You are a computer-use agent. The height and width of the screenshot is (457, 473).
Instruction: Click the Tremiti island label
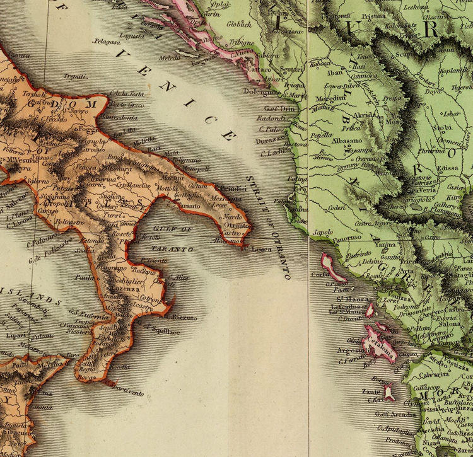point(75,77)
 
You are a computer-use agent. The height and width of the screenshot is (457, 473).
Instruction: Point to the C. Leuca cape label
point(257,248)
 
